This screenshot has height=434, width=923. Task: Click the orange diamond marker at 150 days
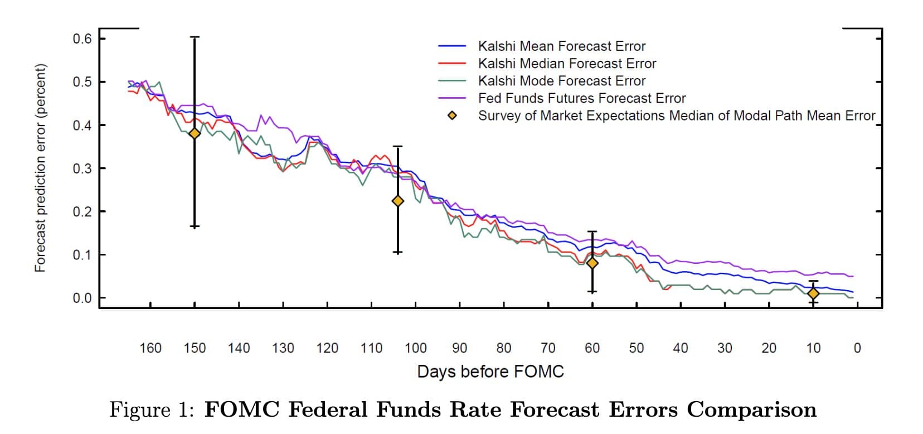coord(195,133)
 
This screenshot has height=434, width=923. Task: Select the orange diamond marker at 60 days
coord(592,263)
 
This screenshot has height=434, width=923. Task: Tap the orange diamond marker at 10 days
coord(813,293)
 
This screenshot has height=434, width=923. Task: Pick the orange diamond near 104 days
coord(397,201)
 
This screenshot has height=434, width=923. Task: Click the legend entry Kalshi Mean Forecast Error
coord(561,46)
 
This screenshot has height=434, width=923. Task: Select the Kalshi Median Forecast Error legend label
coord(567,64)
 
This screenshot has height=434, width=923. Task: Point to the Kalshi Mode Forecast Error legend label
coord(561,81)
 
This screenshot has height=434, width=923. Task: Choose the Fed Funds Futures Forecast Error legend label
coord(581,98)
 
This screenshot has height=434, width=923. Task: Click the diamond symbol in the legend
coord(453,116)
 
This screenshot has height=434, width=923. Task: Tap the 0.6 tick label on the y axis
coord(81,38)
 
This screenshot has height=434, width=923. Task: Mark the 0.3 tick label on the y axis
coord(81,168)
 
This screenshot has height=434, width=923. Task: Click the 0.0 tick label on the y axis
coord(81,298)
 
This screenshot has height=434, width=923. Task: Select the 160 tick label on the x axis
coord(150,348)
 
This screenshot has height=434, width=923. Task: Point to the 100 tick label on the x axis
coord(415,348)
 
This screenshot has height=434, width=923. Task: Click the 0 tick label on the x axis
coord(857,348)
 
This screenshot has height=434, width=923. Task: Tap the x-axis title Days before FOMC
coord(490,372)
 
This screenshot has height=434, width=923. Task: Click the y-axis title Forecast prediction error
coord(40,168)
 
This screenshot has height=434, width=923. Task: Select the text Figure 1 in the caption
coord(151,410)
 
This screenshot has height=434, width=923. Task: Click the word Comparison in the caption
coord(751,410)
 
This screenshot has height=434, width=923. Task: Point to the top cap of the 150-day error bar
coord(195,37)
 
